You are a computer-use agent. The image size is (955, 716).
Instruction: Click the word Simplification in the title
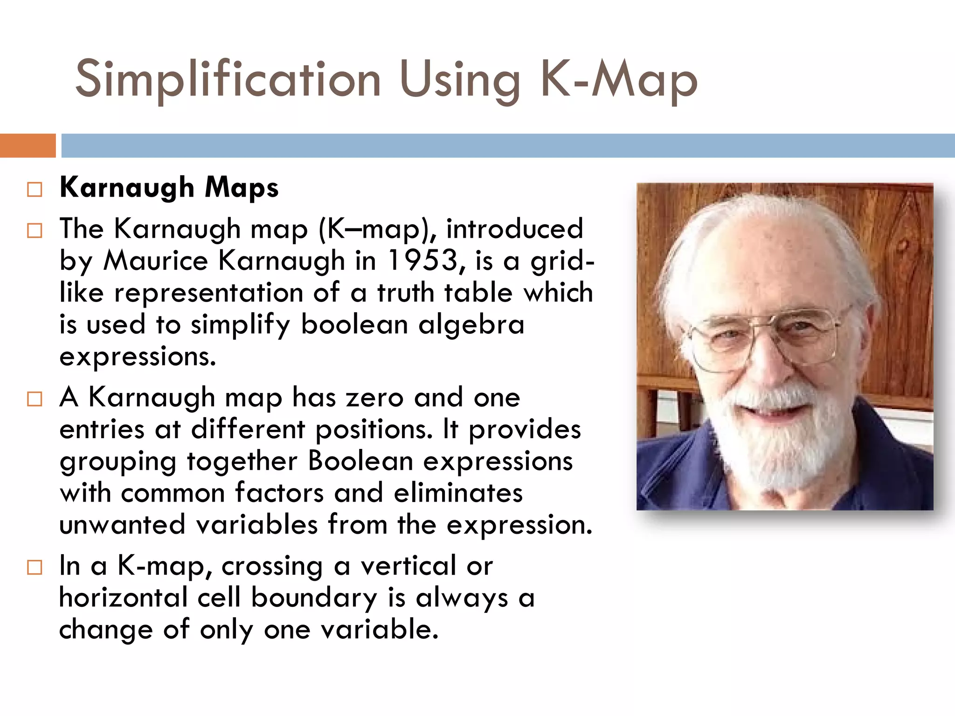tap(228, 79)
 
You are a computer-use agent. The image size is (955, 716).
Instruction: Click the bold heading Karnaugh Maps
tap(169, 187)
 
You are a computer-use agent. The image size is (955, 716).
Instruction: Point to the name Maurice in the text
tap(155, 260)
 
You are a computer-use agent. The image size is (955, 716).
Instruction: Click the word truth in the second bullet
tap(405, 293)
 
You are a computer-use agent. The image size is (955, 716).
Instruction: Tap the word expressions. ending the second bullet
tap(138, 357)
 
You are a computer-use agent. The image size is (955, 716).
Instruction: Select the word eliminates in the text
tap(458, 493)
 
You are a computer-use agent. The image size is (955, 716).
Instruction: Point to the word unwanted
tap(122, 525)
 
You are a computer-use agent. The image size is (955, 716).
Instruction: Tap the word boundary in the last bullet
tap(314, 598)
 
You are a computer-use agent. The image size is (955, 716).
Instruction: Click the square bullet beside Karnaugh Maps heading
tap(35, 189)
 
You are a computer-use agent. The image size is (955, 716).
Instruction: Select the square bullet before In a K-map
tap(35, 567)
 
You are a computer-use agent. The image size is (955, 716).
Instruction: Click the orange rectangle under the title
tap(28, 145)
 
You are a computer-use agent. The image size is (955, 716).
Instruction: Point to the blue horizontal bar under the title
tap(507, 145)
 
